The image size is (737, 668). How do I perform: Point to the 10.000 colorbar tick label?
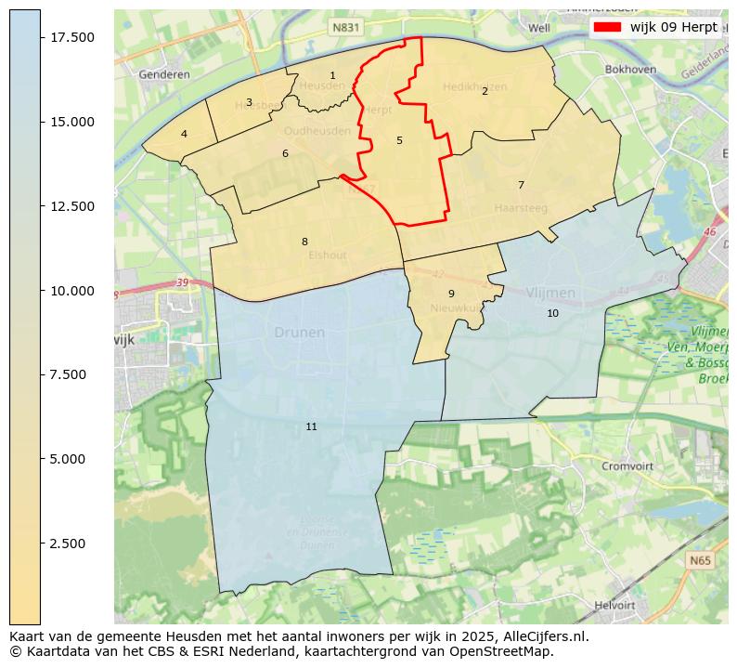coord(71,291)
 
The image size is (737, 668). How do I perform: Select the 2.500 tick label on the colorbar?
coord(71,544)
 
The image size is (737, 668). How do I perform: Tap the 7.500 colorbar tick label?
coord(71,374)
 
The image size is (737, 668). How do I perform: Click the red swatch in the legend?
coord(608,27)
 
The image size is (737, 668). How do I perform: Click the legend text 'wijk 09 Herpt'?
coord(673,27)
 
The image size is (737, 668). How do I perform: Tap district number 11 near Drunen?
coord(311,426)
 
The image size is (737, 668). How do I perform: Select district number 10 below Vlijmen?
coord(552,313)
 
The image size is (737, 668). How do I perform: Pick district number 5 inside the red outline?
coord(399,141)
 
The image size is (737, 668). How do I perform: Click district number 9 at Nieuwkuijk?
coord(451,294)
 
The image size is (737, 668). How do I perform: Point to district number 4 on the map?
coord(184,134)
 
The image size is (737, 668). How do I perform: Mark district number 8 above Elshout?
coord(304,242)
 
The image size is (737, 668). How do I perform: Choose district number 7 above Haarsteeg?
coord(521,185)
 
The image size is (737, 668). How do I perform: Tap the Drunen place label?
coord(299,333)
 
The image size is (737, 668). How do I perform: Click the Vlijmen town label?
coord(550,293)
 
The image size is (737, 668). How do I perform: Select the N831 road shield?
coord(345,29)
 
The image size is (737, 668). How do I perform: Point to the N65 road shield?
coord(701,561)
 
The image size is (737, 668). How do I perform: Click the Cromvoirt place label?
coord(628,466)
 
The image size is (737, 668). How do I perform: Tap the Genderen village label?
coord(163,74)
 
